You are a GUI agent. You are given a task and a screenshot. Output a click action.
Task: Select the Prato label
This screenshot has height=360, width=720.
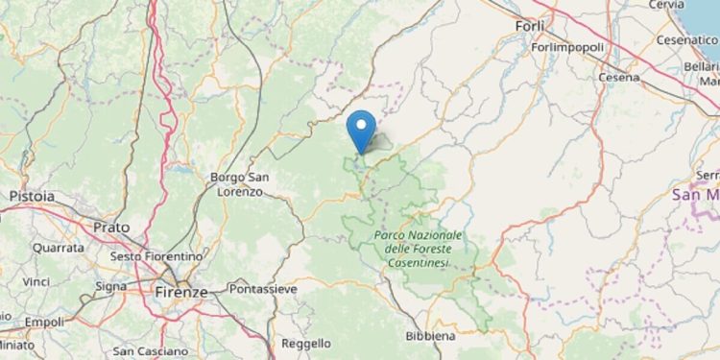[111, 227]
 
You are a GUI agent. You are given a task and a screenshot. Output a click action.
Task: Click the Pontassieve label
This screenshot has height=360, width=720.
[263, 288]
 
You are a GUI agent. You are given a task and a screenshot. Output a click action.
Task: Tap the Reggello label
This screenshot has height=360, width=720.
[306, 343]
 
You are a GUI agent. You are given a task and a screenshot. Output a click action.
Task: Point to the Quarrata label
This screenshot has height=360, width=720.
[57, 247]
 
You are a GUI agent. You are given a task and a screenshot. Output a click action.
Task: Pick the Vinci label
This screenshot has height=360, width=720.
[36, 282]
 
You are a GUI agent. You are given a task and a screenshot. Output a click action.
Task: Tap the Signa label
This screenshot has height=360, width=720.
[111, 286]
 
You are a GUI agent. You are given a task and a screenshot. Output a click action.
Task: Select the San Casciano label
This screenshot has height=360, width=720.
[148, 351]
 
